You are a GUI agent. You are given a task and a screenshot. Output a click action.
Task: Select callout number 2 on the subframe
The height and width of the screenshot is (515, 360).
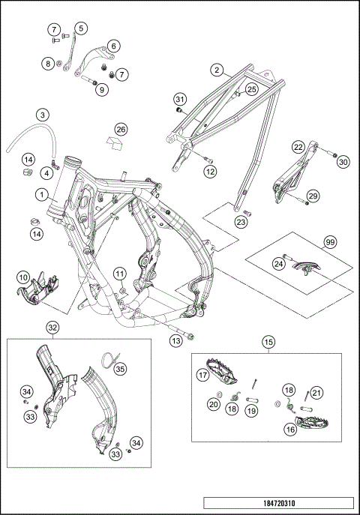(x=217, y=70)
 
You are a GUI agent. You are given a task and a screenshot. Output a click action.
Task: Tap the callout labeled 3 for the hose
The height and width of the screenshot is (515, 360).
(x=43, y=115)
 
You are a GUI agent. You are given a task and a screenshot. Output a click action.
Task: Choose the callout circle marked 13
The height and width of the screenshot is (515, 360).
(x=175, y=341)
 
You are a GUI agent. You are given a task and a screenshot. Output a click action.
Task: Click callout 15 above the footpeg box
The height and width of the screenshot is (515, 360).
(x=268, y=343)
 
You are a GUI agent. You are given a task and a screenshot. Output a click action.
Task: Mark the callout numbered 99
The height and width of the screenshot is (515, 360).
(x=328, y=242)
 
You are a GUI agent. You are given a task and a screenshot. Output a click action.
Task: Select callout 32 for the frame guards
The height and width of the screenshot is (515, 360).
(x=52, y=327)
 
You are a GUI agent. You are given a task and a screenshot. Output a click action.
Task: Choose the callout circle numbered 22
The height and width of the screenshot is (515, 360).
(x=298, y=147)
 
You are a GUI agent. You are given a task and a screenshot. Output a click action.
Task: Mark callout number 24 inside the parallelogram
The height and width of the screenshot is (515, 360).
(x=277, y=264)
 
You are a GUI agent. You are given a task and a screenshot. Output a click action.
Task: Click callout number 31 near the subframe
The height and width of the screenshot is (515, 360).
(x=179, y=100)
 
